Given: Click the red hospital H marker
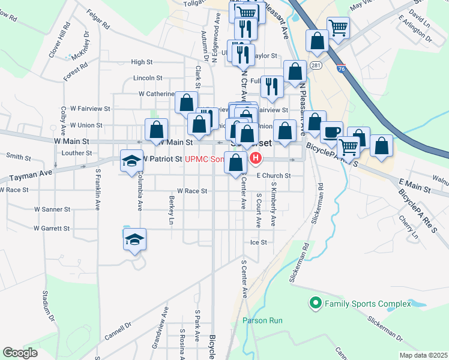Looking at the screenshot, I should coord(256,158).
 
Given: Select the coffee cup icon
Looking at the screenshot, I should coord(331,131).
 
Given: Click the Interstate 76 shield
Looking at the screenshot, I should coord(341,69).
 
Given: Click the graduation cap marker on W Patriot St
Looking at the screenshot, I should coord(131,160).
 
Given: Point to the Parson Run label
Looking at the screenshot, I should coord(262,320).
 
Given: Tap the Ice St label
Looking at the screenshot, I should coord(259,242).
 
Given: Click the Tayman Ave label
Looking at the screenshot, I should coord(29,173).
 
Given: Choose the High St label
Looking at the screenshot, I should coord(142,62).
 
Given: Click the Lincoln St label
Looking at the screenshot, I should coord(148,78).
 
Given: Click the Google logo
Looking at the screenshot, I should coord(20,353).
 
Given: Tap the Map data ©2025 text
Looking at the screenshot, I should coord(423,355).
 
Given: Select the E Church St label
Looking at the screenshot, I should coord(274,176).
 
